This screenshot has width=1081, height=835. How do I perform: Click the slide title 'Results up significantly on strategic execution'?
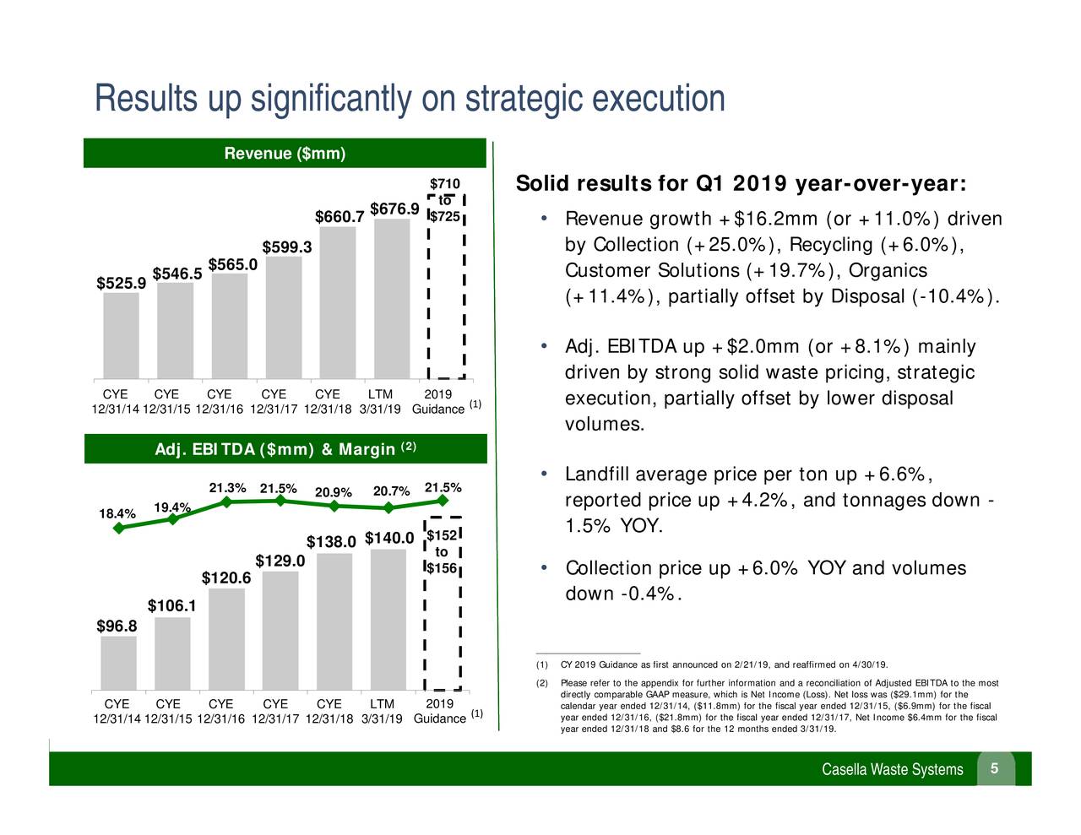[x=410, y=99]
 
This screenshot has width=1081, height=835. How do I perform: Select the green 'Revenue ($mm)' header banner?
[x=285, y=154]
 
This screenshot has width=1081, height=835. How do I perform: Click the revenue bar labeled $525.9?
[x=121, y=335]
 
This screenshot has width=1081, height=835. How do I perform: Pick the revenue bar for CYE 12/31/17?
[x=283, y=317]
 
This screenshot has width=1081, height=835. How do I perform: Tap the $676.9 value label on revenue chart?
[x=394, y=209]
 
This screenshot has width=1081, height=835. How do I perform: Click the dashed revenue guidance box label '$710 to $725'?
[x=445, y=201]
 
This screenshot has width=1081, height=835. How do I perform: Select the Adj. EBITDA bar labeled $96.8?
[x=118, y=663]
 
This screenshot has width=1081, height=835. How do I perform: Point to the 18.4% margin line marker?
[x=119, y=529]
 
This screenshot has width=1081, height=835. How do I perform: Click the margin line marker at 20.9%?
[x=334, y=507]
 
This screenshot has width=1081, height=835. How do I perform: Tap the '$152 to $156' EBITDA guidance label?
[x=441, y=552]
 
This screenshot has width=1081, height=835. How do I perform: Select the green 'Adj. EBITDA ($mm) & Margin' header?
[x=285, y=449]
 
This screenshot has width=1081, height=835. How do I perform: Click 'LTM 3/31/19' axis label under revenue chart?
[x=380, y=402]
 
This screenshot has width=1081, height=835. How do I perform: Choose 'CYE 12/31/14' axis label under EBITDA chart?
[x=117, y=711]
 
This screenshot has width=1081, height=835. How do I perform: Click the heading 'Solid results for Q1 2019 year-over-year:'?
[x=741, y=184]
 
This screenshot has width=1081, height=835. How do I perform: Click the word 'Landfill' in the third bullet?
[x=595, y=474]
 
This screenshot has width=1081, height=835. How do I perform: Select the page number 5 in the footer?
[x=995, y=768]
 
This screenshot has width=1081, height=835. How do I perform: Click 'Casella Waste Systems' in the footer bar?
[x=892, y=769]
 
